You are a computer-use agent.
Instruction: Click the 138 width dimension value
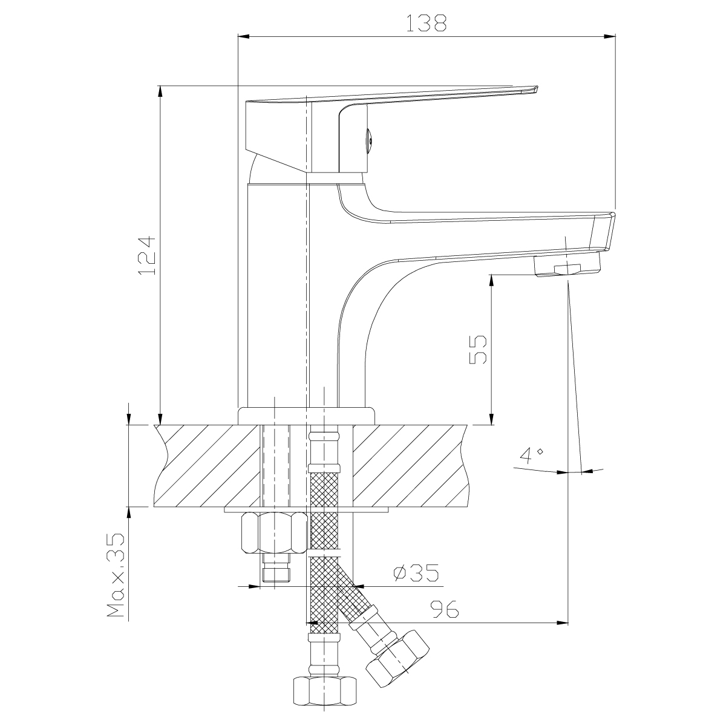pos(426,22)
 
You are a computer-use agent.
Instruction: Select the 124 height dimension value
pos(147,256)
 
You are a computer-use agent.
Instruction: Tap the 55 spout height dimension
pos(478,349)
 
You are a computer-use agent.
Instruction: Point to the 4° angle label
pos(532,455)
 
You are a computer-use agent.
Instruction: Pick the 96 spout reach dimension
pos(445,609)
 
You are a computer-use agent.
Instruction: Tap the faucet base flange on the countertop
pos(306,416)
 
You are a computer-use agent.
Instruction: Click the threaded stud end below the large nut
pos(276,573)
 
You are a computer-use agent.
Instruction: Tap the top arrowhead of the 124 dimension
pos(160,91)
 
